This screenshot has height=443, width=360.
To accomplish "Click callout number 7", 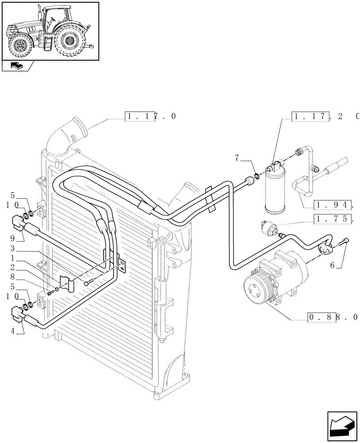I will click(238, 158).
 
